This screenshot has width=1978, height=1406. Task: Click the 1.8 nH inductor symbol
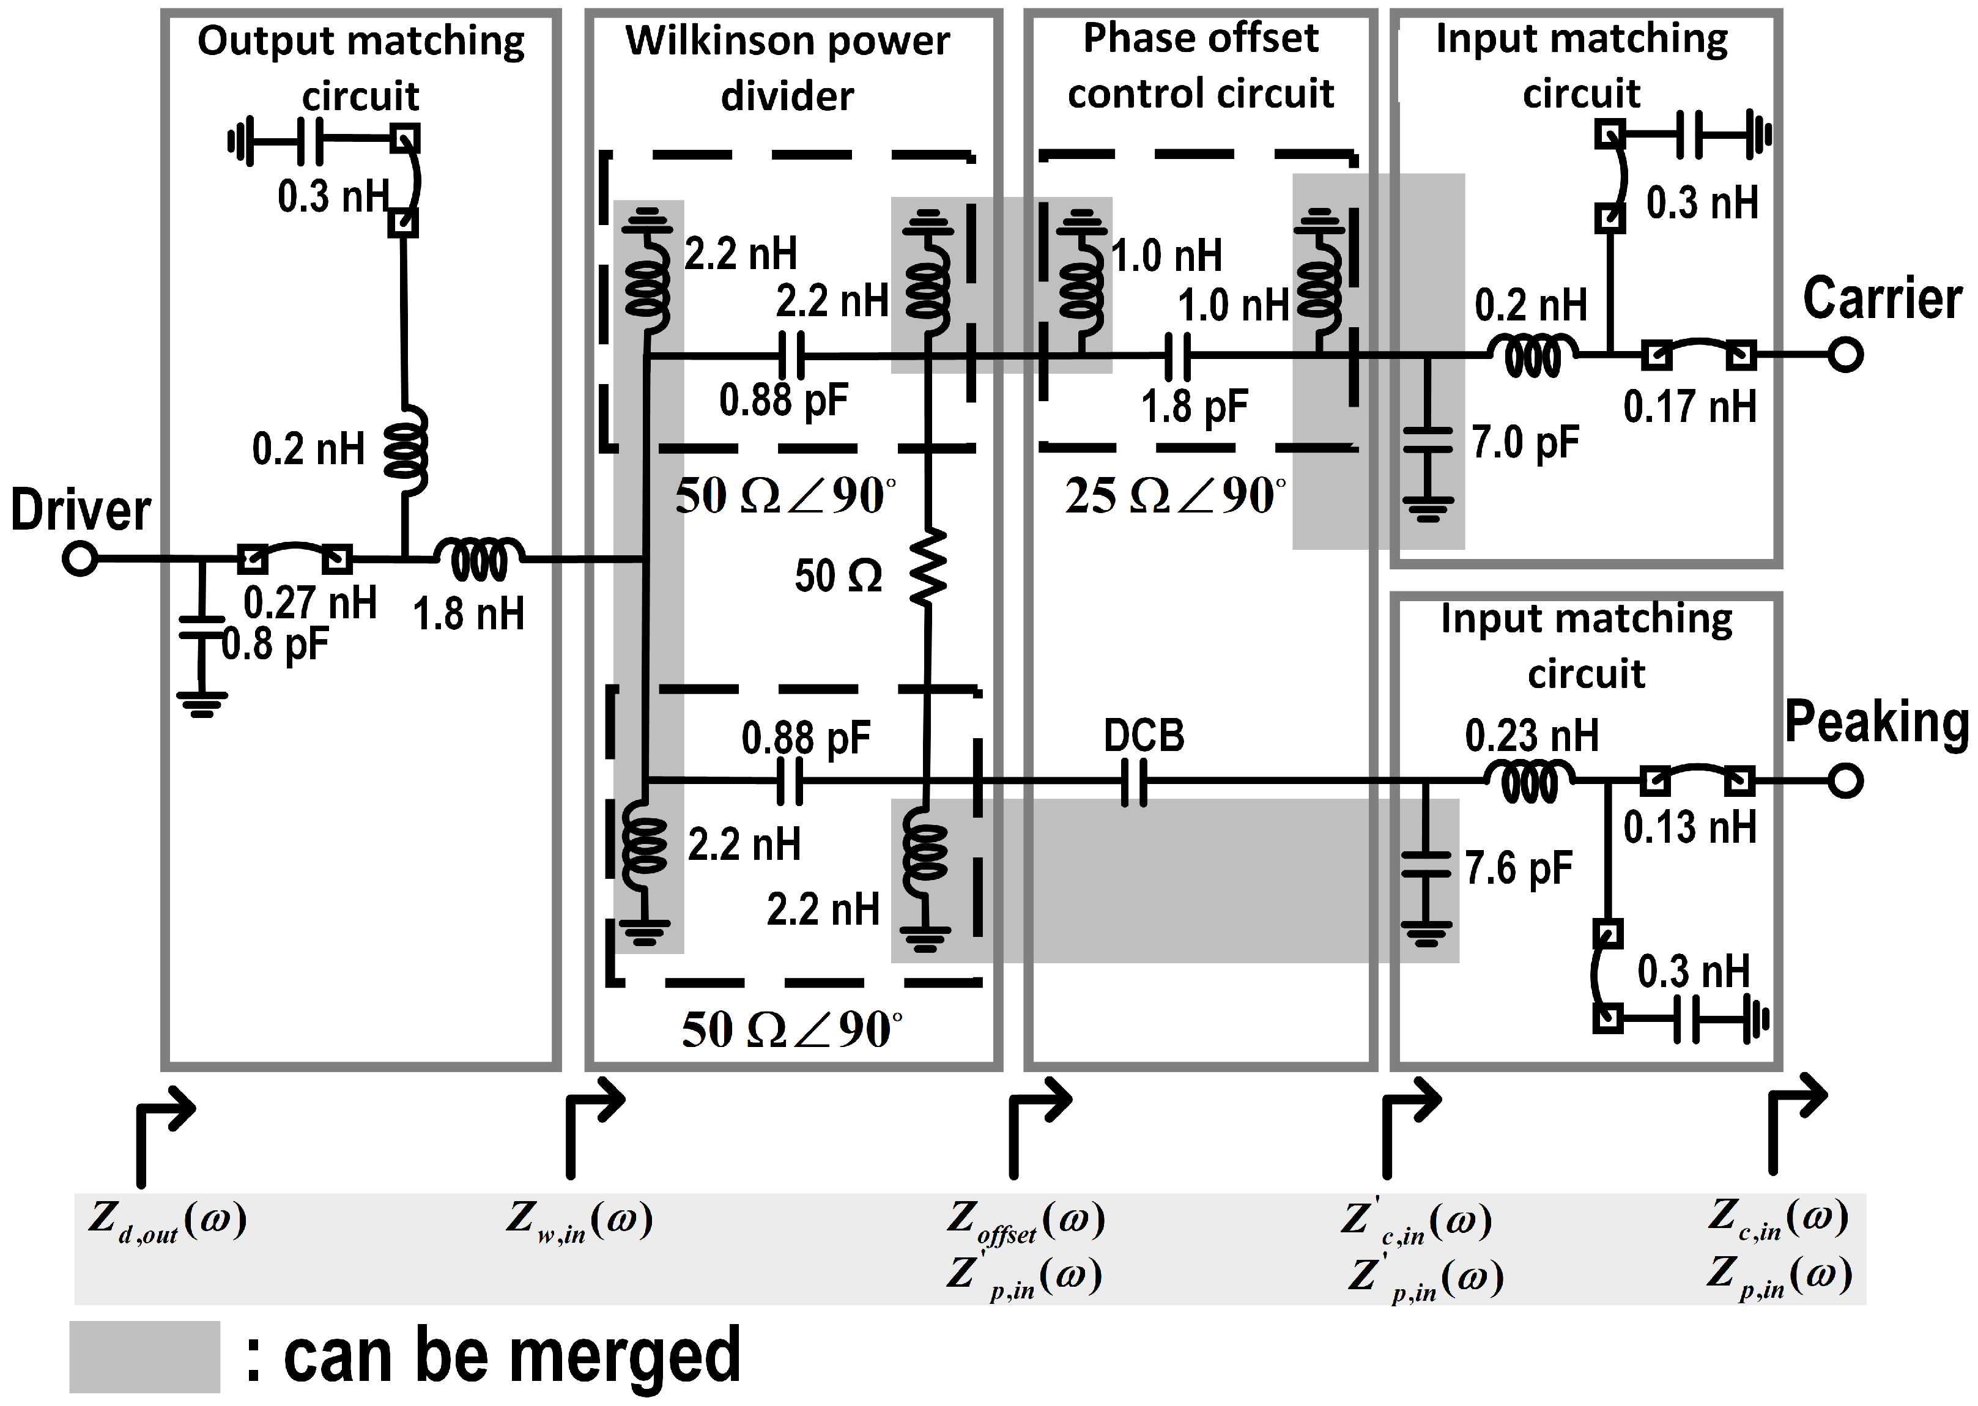479,560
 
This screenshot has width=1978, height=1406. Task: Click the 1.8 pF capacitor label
1194,406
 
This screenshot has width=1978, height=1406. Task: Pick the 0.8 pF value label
275,644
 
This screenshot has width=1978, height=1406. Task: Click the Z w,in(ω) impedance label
580,1221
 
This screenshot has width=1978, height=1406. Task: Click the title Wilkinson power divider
787,67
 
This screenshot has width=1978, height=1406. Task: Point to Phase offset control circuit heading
1201,66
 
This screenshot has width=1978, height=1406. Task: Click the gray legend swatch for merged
144,1356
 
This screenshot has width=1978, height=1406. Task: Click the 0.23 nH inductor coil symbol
1530,782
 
